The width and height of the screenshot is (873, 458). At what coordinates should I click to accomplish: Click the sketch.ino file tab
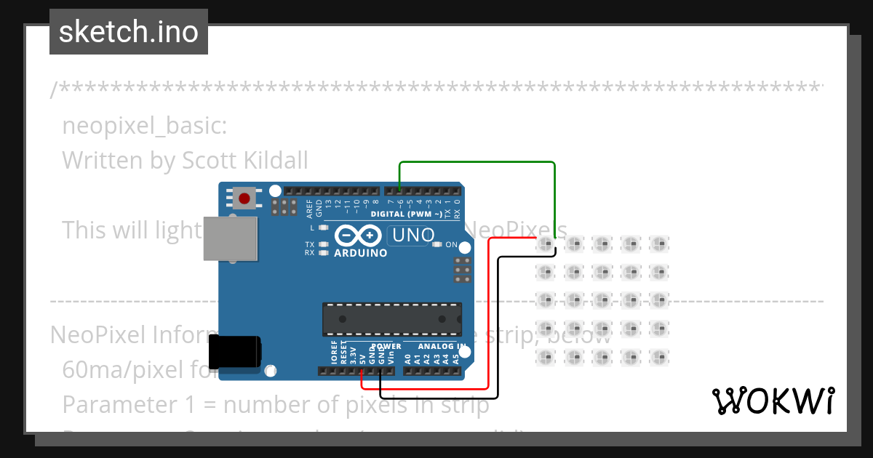click(x=129, y=32)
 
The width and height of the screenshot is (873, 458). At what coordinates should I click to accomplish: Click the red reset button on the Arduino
click(x=244, y=197)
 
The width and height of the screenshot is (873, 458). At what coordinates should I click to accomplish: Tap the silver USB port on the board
click(x=230, y=238)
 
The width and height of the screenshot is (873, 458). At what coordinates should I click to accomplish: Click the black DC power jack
click(x=234, y=353)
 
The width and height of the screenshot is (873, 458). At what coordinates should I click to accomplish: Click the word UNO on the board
click(x=413, y=236)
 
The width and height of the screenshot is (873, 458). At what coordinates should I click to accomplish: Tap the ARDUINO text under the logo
click(x=360, y=253)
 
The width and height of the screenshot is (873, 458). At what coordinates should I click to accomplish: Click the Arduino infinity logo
click(x=358, y=236)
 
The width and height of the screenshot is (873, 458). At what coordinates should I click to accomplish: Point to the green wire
click(x=477, y=163)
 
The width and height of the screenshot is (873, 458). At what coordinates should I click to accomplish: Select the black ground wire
click(x=498, y=327)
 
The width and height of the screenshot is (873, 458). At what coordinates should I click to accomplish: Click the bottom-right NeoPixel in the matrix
click(x=659, y=357)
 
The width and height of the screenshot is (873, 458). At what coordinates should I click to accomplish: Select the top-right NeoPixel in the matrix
click(x=659, y=244)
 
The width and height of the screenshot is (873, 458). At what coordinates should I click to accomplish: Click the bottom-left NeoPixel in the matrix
click(x=545, y=357)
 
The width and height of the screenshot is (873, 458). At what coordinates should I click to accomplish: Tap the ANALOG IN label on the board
click(x=442, y=346)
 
